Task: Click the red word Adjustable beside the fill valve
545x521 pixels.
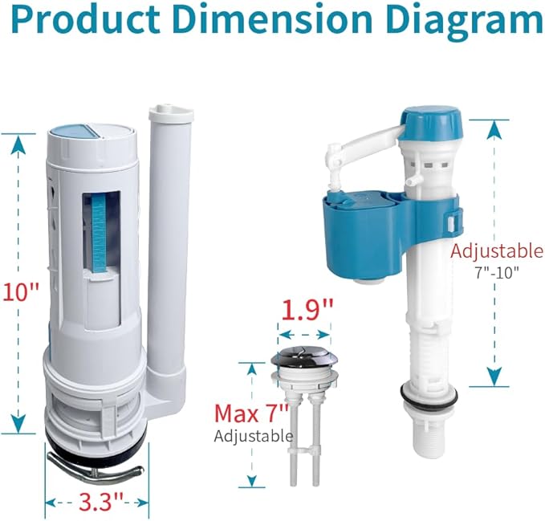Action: click(x=496, y=250)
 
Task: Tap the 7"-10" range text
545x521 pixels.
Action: click(x=496, y=271)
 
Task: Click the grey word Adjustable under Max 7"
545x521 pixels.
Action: click(x=253, y=437)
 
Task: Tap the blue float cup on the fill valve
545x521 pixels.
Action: click(x=377, y=233)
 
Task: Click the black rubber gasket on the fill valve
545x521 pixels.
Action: click(x=430, y=394)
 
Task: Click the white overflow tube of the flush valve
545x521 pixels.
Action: click(x=169, y=241)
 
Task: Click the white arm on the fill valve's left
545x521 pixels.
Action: click(x=356, y=153)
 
